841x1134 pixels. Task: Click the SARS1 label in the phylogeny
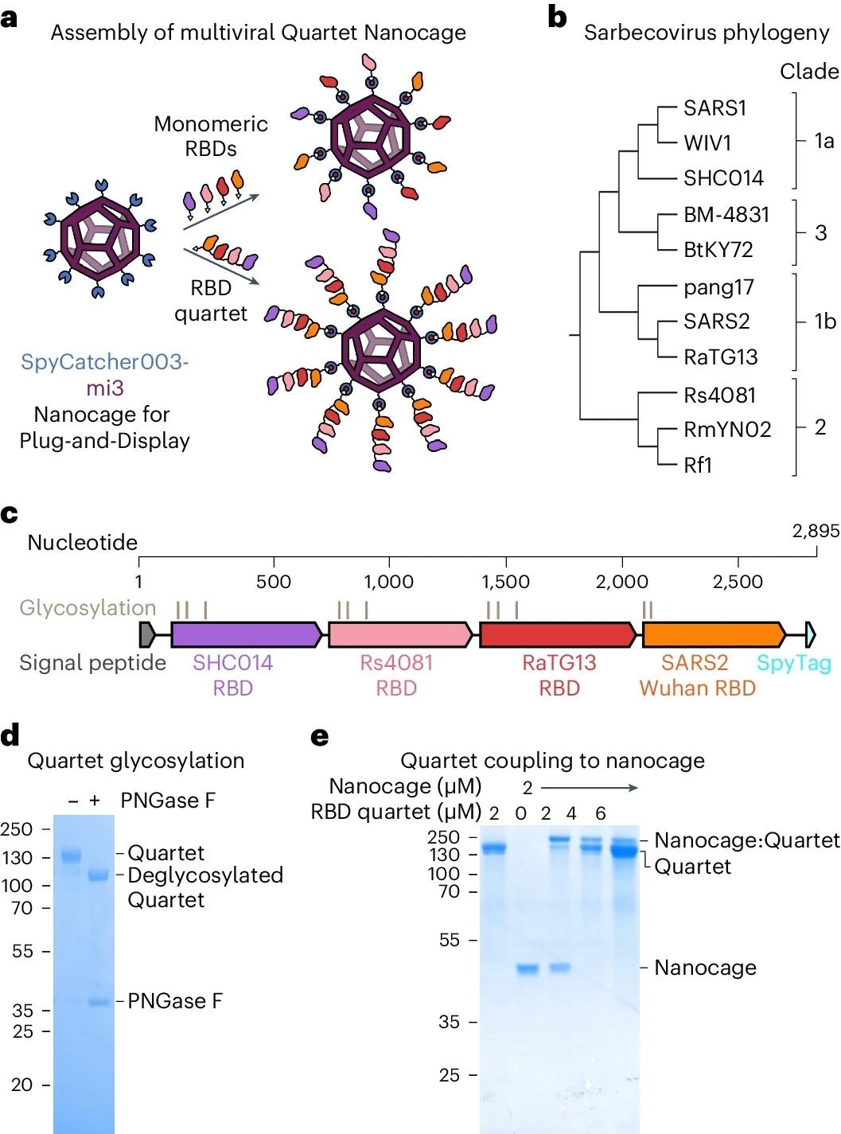714,108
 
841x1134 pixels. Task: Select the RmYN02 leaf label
727,430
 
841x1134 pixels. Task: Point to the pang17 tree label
718,287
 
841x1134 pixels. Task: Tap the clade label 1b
825,321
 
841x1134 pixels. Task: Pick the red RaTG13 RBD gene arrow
557,634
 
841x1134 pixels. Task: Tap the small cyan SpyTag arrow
810,634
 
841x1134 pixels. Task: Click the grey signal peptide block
147,634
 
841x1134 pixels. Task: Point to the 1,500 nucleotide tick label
505,582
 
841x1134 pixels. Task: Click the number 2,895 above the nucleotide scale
816,531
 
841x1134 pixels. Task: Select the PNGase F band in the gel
98,1002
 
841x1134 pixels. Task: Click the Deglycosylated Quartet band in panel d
98,875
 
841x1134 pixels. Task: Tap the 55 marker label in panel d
22,951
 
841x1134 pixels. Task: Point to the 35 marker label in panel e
449,1022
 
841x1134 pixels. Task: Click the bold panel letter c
10,514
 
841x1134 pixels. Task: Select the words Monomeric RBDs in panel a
211,136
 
